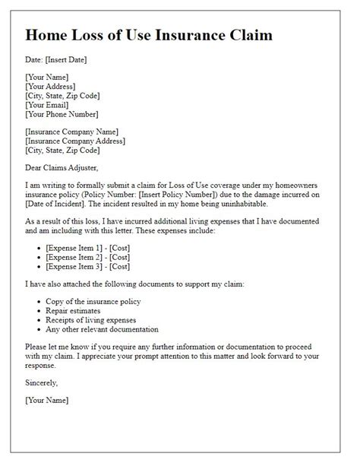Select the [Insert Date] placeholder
coord(71,60)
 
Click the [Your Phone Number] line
coord(62,114)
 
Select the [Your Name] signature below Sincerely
coord(47,400)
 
